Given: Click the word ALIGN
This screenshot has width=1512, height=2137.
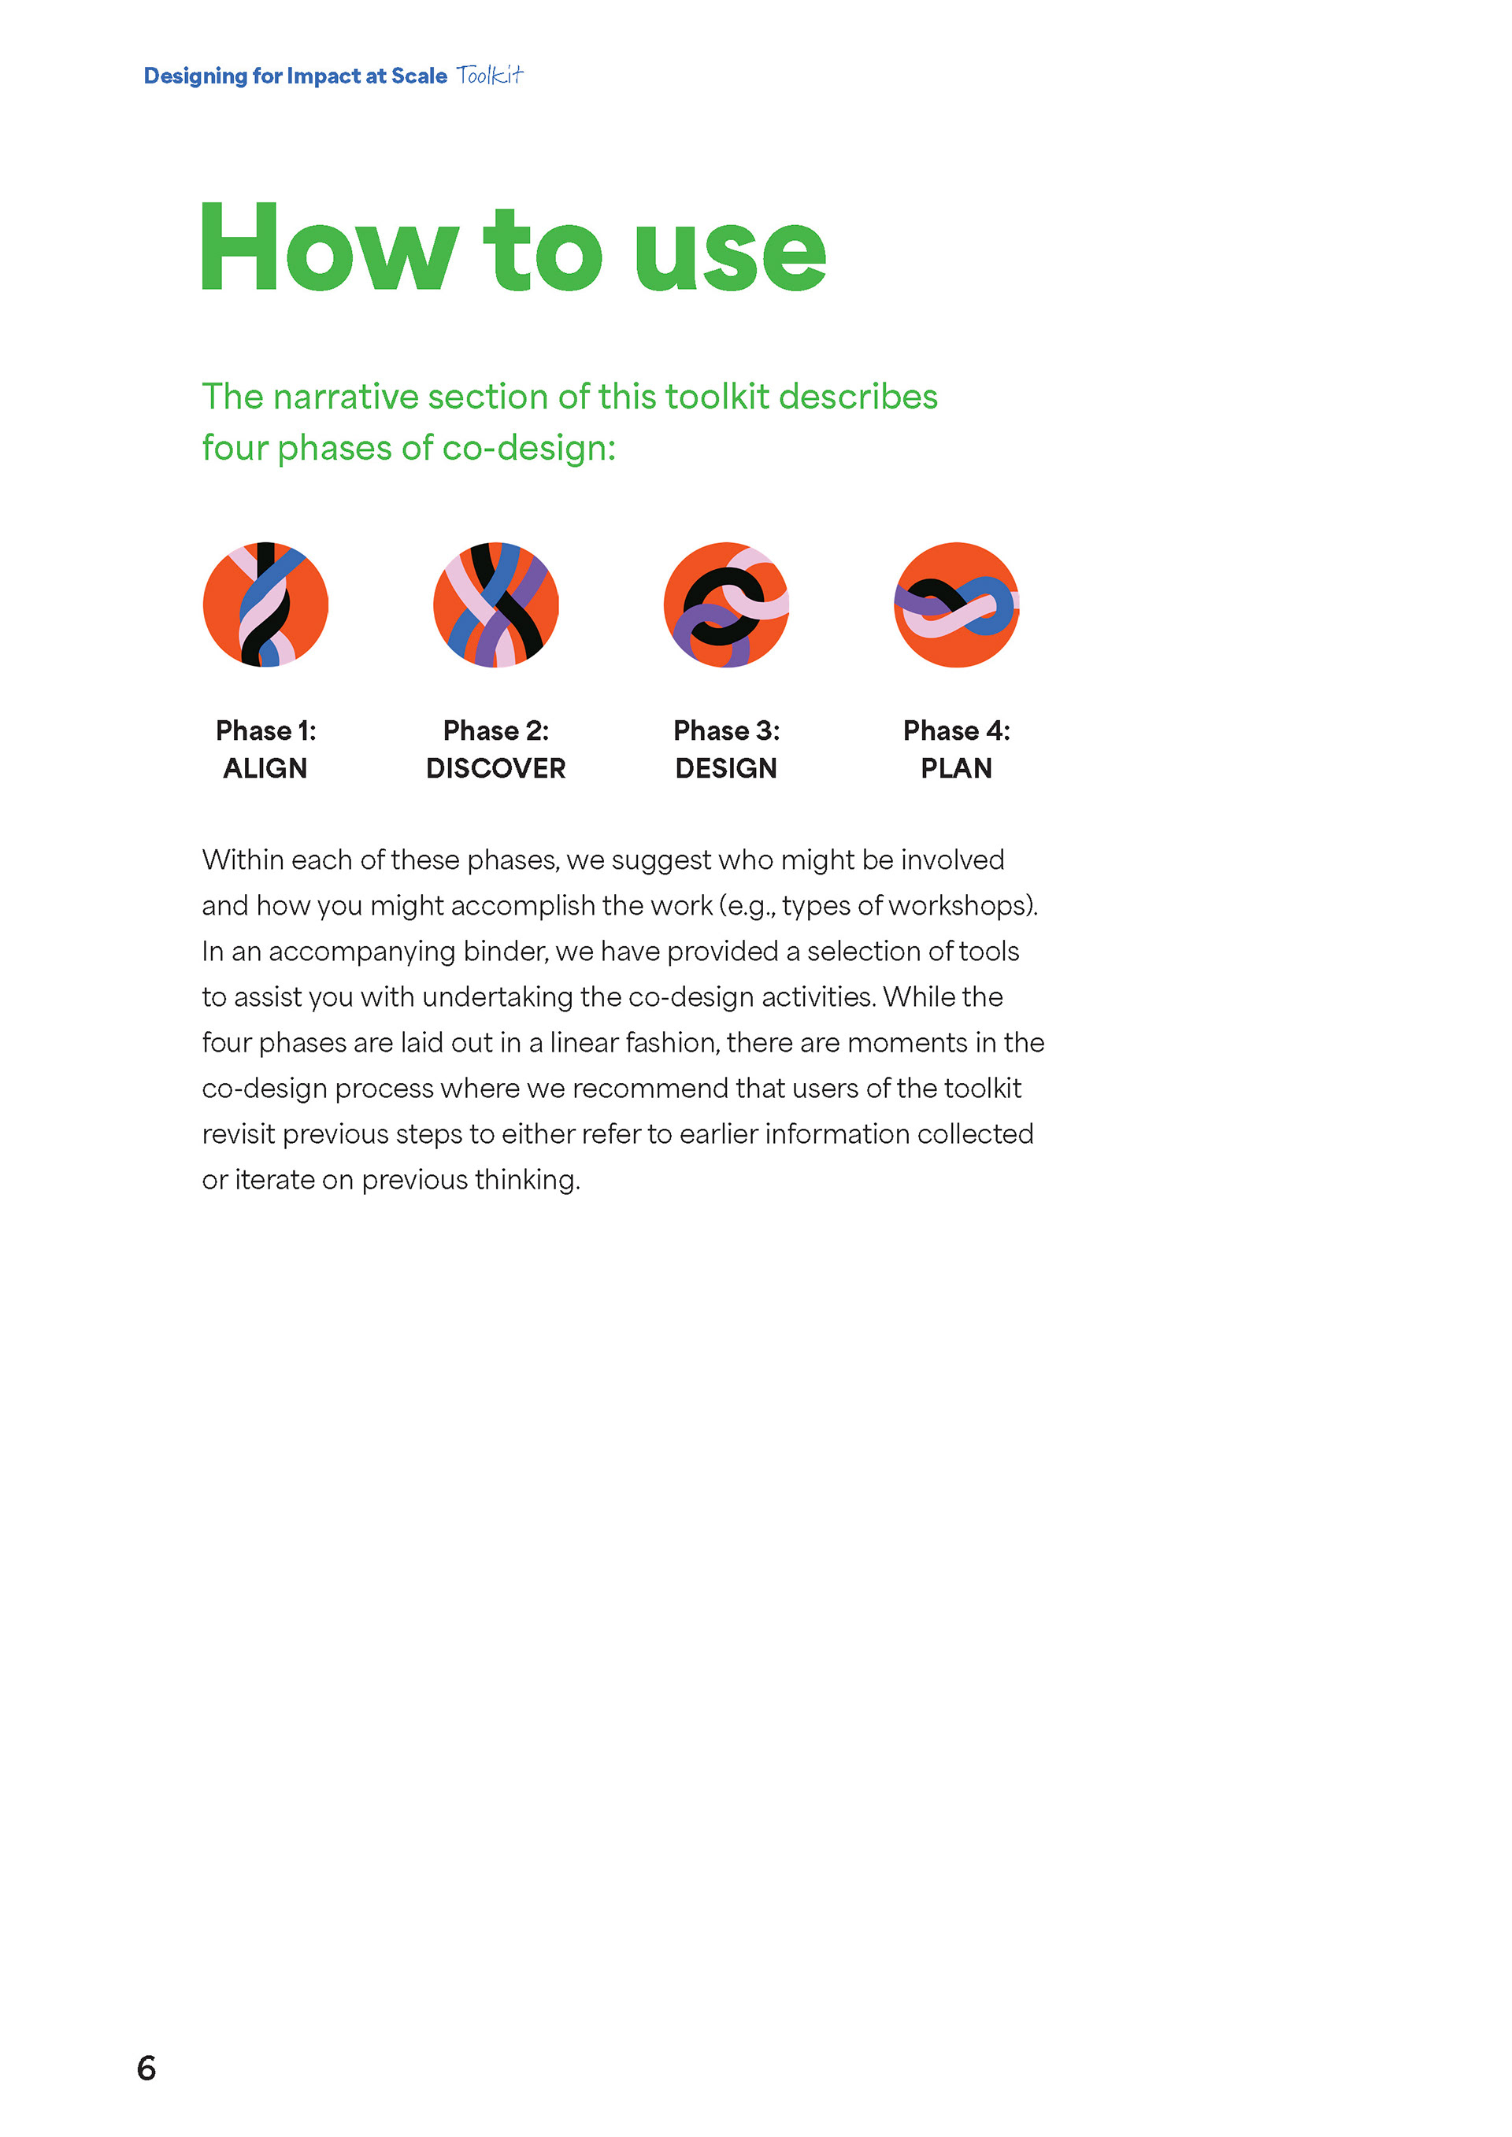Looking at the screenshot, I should coord(265,768).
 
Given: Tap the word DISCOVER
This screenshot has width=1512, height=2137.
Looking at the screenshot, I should coord(495,768).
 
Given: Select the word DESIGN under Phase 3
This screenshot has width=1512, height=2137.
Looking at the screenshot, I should coord(726,768).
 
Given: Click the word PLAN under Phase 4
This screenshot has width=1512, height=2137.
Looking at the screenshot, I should coord(956,768).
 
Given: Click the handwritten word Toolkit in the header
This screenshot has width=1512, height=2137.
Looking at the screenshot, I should coord(490,76).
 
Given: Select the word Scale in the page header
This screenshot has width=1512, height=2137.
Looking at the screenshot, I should coord(419,76).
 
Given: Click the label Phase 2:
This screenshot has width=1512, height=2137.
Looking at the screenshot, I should coord(495,730).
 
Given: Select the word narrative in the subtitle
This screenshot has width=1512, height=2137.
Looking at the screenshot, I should coord(346,397).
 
